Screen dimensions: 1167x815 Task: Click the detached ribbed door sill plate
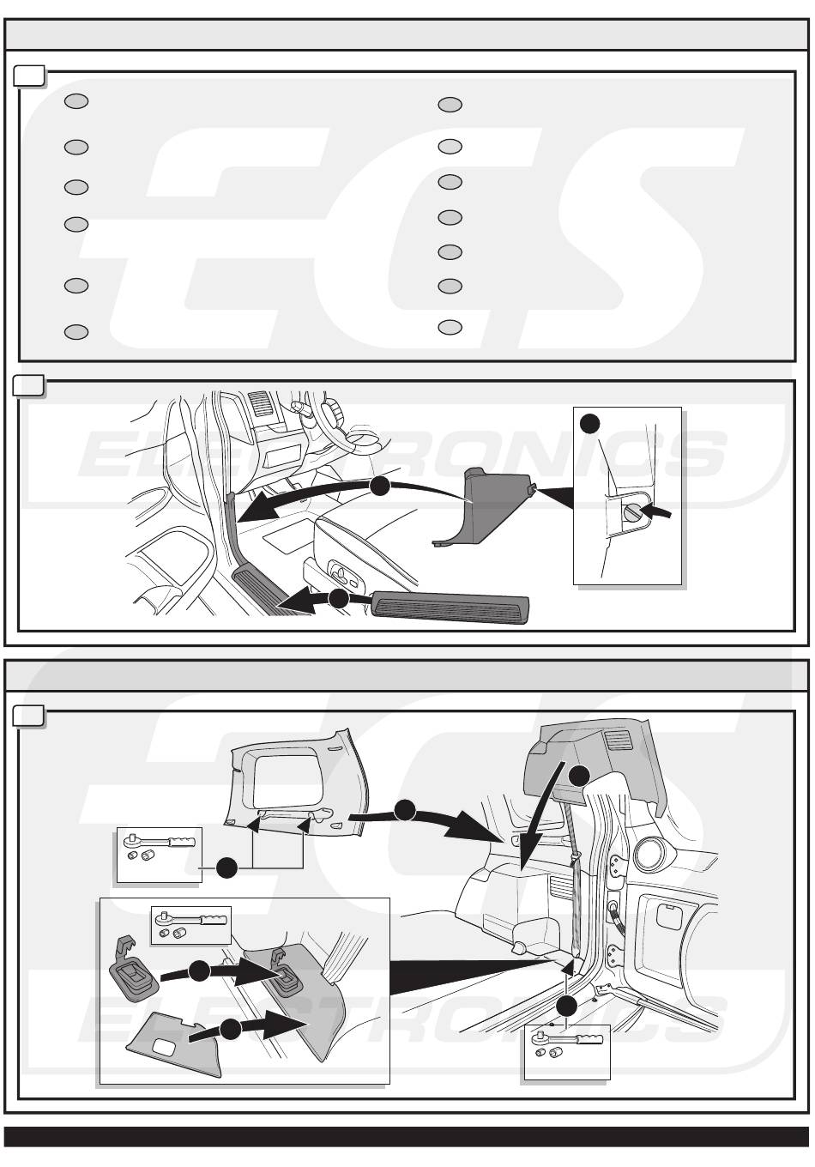tap(450, 607)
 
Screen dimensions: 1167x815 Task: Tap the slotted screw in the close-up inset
tap(632, 513)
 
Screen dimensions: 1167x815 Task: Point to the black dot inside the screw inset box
tap(589, 422)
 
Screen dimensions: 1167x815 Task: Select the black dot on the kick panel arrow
tap(379, 486)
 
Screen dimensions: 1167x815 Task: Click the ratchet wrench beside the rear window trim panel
tap(162, 842)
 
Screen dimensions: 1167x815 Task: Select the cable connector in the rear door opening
tap(616, 909)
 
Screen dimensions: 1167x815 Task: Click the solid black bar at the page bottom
tap(407, 1136)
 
